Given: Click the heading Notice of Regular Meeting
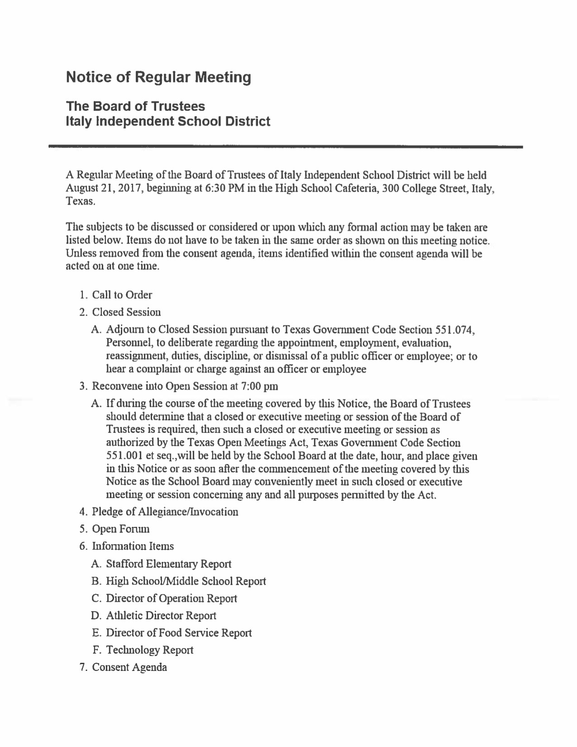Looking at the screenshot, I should coord(158,77).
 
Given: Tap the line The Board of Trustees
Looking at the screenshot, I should coord(135,106).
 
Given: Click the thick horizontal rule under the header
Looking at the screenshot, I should coord(285,147).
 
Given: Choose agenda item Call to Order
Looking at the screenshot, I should coord(122,295).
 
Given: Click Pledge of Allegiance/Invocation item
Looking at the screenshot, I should coord(165,512).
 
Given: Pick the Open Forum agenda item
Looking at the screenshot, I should coord(120,529).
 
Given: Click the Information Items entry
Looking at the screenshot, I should coord(133,546).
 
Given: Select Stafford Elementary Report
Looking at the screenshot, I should coord(168,564).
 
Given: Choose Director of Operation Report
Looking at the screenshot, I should coord(171,599).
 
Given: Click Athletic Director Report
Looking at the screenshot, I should coord(161,616).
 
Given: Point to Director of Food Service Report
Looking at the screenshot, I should coord(178,633).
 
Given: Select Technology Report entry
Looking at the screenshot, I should coord(149,650).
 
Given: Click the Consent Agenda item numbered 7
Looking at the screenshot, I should coord(129,667).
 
